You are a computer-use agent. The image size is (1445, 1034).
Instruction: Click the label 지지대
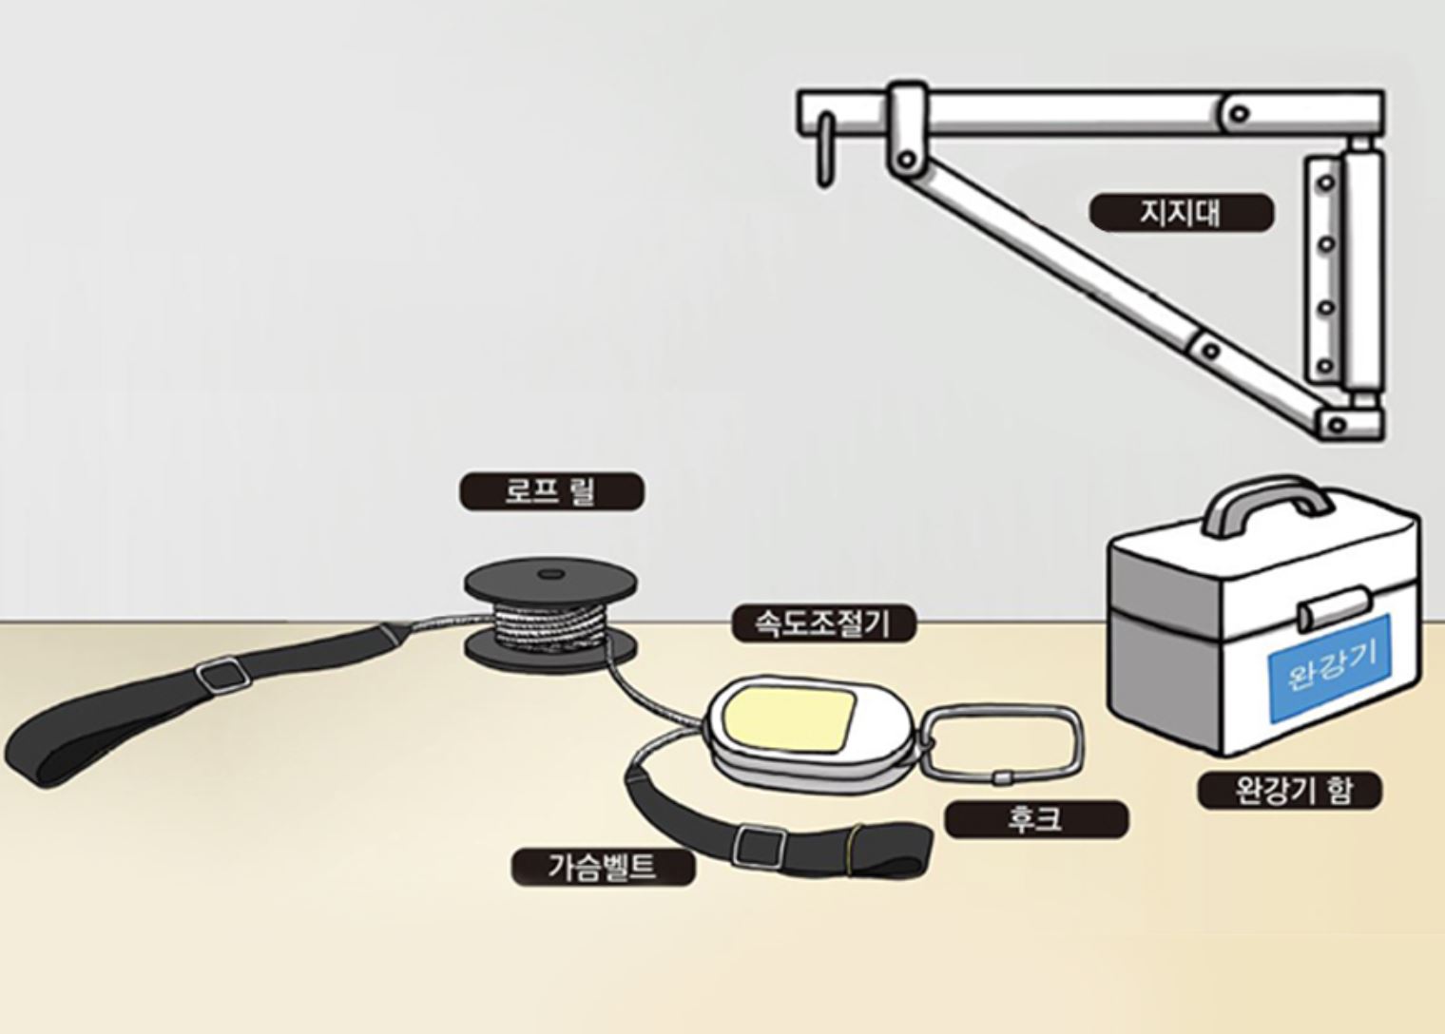pyautogui.click(x=1182, y=212)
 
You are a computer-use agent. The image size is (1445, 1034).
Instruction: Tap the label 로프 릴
pyautogui.click(x=551, y=491)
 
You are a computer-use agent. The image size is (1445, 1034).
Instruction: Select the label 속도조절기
pyautogui.click(x=824, y=623)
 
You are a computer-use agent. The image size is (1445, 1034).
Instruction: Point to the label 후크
pyautogui.click(x=1036, y=819)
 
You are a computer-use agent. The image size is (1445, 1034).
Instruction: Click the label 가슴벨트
pyautogui.click(x=604, y=868)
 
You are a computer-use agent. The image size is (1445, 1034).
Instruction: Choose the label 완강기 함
pyautogui.click(x=1290, y=790)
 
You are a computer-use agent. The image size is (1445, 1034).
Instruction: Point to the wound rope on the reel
pyautogui.click(x=550, y=623)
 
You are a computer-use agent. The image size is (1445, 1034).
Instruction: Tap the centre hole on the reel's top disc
pyautogui.click(x=550, y=573)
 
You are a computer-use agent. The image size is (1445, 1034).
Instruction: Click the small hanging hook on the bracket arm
pyautogui.click(x=825, y=149)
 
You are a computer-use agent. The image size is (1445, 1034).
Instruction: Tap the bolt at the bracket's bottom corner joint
pyautogui.click(x=1338, y=425)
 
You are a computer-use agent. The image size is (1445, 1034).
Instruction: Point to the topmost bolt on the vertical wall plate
pyautogui.click(x=1326, y=182)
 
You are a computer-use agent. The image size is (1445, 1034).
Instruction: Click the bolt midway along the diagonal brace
pyautogui.click(x=1211, y=351)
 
